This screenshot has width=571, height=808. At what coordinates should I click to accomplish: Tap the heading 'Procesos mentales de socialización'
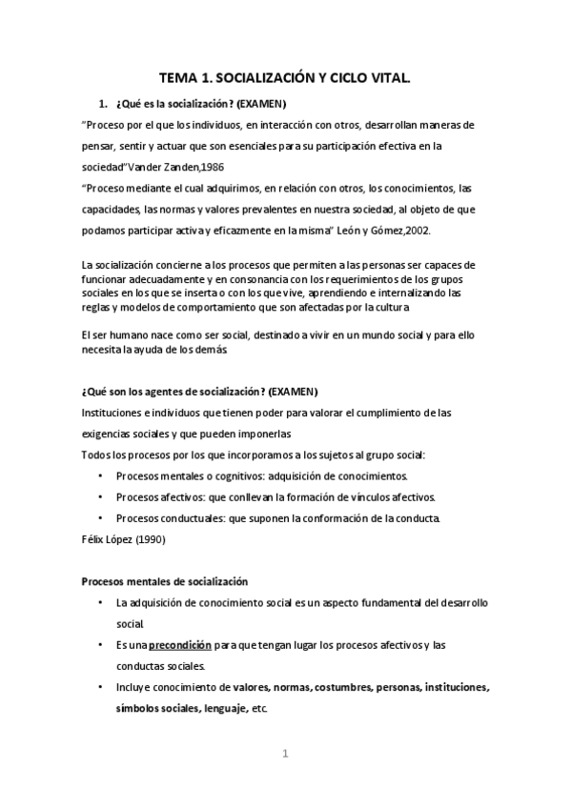[x=164, y=581]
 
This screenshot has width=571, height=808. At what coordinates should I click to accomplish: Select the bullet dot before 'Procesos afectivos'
[x=101, y=497]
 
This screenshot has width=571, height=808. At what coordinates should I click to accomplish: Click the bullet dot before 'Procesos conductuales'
[x=101, y=518]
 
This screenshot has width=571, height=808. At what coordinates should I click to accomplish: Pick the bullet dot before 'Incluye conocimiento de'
[x=101, y=687]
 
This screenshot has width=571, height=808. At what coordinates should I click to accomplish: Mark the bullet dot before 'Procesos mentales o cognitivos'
[x=101, y=475]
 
